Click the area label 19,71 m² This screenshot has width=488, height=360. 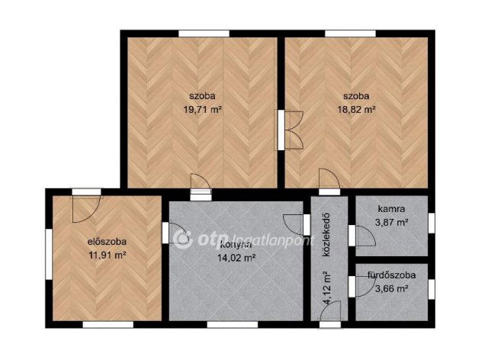[x=202, y=110]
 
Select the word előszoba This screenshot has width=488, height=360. [x=106, y=243]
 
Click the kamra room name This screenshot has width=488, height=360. [x=390, y=209]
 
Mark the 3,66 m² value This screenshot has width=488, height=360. [x=390, y=288]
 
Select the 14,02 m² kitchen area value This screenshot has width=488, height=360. [x=235, y=258]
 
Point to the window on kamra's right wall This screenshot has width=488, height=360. [x=431, y=222]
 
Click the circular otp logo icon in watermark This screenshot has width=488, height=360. [x=182, y=239]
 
